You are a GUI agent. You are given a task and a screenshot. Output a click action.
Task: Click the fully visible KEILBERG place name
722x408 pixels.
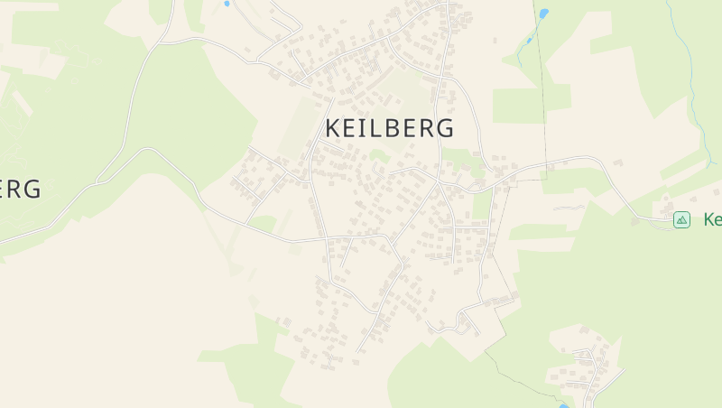pos(389,128)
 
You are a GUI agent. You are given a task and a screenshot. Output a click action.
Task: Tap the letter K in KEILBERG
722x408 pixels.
pos(333,128)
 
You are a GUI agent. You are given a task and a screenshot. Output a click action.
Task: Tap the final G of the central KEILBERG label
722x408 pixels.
pos(444,128)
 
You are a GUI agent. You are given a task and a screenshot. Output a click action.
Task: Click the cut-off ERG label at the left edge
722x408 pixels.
pos(20,189)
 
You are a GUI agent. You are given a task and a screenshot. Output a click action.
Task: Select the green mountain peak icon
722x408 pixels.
pos(681,219)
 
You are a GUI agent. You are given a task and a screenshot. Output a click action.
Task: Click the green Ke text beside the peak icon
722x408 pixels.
pos(711,219)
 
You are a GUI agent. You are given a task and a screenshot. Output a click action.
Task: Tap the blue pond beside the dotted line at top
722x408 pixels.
pos(543,14)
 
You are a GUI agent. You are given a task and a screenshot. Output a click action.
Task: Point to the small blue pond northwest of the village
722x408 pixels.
pos(226,4)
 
